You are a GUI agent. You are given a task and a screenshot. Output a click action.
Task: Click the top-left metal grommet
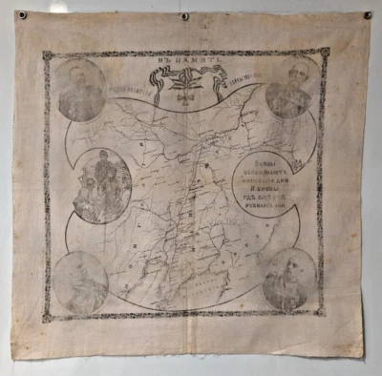click(x=22, y=15)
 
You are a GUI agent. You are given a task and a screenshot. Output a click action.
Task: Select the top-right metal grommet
click(x=368, y=15)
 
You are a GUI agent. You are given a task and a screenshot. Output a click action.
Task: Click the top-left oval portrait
click(x=80, y=91)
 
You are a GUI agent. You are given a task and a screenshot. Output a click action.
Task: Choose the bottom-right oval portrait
click(x=289, y=280)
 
